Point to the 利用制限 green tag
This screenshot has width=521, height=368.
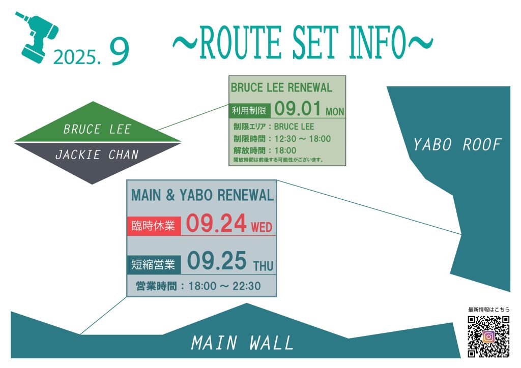pyautogui.click(x=249, y=110)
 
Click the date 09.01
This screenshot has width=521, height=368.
pyautogui.click(x=298, y=108)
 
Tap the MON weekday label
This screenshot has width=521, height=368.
pyautogui.click(x=335, y=111)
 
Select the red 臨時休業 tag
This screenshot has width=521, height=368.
pyautogui.click(x=154, y=226)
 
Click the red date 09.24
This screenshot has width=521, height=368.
pyautogui.click(x=216, y=223)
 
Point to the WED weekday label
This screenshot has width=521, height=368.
pyautogui.click(x=262, y=227)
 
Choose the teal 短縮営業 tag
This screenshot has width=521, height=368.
pyautogui.click(x=154, y=264)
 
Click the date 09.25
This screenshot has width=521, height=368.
pyautogui.click(x=217, y=261)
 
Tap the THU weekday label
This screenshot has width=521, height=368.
pyautogui.click(x=263, y=266)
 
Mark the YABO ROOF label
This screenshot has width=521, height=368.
pyautogui.click(x=457, y=145)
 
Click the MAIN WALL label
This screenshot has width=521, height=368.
pyautogui.click(x=242, y=343)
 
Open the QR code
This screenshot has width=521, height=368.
pyautogui.click(x=488, y=336)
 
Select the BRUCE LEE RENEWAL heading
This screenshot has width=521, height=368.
pyautogui.click(x=281, y=87)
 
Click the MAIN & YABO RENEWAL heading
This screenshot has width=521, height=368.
pyautogui.click(x=202, y=195)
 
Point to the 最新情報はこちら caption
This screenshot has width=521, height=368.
pyautogui.click(x=489, y=310)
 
